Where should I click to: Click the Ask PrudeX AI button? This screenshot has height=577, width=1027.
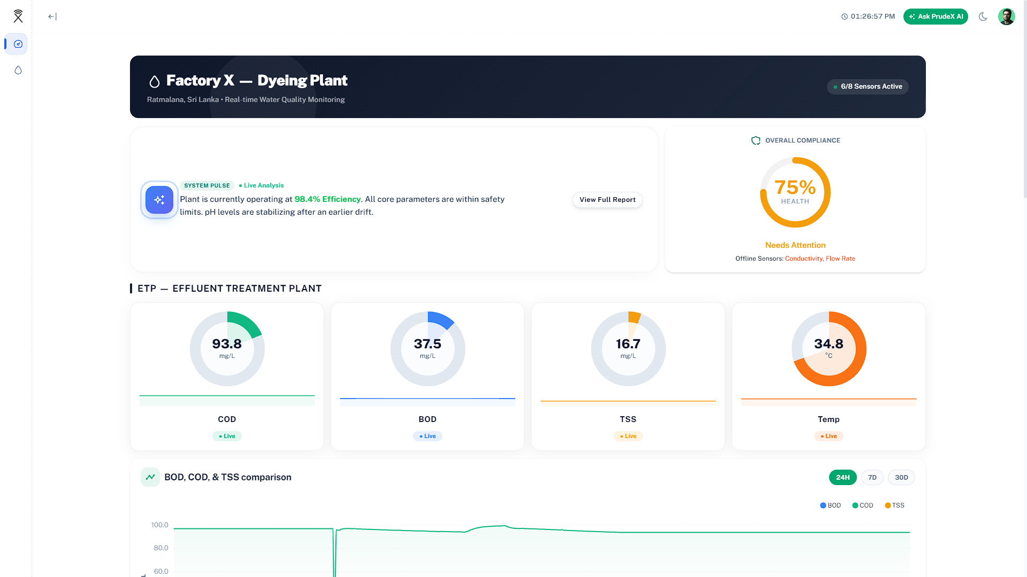[x=936, y=17]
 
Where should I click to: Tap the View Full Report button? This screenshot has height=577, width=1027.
[x=607, y=200]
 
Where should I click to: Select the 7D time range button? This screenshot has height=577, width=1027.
[x=872, y=478]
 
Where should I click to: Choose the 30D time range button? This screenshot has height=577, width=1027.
[x=901, y=478]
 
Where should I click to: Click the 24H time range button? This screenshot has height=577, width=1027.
[x=842, y=478]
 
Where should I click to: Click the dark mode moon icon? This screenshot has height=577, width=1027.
[x=983, y=17]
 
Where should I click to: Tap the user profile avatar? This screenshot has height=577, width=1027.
[x=1006, y=17]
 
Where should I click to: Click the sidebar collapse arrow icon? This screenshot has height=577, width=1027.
[x=52, y=17]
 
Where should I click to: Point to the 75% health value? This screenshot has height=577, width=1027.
[x=795, y=188]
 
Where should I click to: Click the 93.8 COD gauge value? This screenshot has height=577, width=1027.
[x=227, y=344]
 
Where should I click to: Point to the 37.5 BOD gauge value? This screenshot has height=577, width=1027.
[x=427, y=344]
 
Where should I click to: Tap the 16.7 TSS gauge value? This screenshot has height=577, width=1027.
[x=628, y=344]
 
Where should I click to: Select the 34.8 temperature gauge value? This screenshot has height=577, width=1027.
[x=829, y=344]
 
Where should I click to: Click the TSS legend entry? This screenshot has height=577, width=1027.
[x=894, y=505]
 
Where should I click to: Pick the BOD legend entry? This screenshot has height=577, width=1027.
[x=830, y=505]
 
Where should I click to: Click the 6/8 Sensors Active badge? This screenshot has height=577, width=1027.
[x=868, y=87]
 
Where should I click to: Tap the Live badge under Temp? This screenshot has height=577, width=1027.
[x=829, y=436]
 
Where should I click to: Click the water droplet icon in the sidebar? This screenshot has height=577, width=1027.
[x=18, y=70]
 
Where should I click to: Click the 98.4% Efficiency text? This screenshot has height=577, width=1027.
[x=327, y=199]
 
